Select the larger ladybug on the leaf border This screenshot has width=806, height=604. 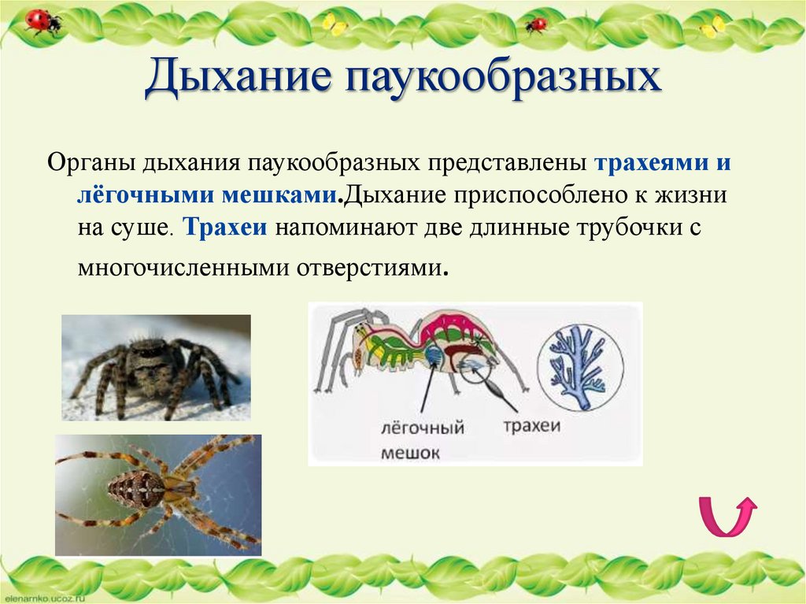click(42, 20)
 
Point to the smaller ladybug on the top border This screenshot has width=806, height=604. click(536, 24)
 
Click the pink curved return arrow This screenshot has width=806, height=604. click(727, 517)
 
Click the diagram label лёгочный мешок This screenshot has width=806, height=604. click(423, 440)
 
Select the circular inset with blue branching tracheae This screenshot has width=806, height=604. click(580, 368)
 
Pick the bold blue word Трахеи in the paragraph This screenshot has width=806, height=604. click(227, 228)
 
